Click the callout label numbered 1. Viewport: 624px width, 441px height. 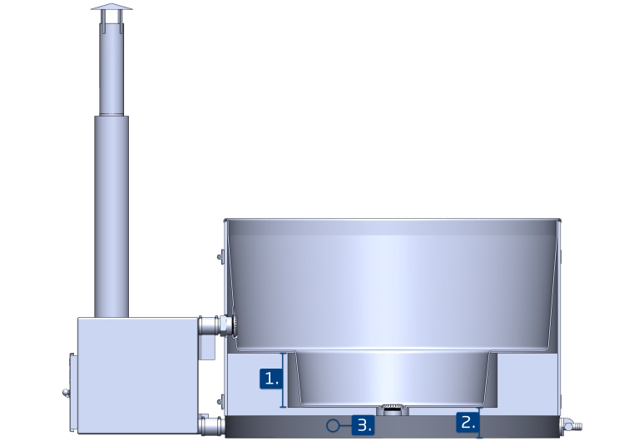pos(270,379)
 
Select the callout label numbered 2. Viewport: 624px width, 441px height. pos(468,422)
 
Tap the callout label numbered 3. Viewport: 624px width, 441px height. pos(363,425)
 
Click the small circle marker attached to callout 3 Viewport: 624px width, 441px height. pos(333,425)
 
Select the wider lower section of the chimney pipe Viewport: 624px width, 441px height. pos(111,216)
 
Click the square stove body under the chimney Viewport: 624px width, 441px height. pos(137,374)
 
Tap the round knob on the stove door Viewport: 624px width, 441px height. pos(66,392)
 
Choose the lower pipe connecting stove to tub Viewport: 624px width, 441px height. pos(211,425)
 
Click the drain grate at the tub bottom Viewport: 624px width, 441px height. pos(390,409)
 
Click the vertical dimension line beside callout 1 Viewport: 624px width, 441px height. pos(285,379)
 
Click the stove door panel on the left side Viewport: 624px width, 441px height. pos(72,391)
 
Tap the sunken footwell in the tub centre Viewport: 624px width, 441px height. pos(391,379)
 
